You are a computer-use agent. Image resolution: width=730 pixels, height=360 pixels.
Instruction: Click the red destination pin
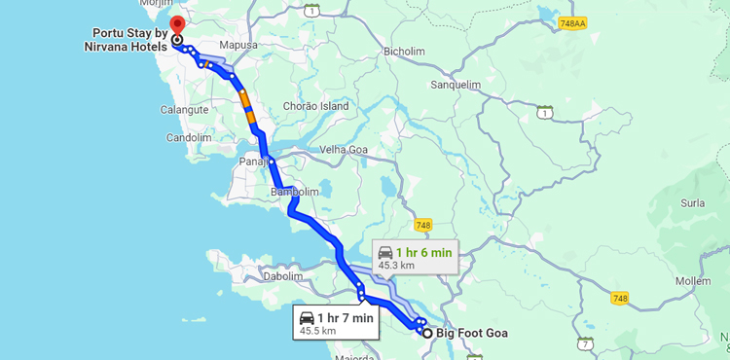(176, 25)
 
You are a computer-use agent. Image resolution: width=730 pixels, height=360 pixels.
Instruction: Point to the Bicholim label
(405, 51)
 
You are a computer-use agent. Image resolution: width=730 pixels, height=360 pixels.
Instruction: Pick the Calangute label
(185, 110)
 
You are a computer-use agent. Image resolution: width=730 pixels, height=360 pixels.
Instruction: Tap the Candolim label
(189, 137)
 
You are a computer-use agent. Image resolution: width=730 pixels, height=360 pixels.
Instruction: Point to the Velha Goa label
(347, 150)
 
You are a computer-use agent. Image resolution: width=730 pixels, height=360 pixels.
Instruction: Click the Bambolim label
(295, 192)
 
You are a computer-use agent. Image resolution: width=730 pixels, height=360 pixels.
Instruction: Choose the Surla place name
(693, 204)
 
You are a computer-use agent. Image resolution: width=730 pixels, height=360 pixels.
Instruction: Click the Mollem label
(693, 280)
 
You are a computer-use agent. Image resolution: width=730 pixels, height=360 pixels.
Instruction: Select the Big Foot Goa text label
(471, 334)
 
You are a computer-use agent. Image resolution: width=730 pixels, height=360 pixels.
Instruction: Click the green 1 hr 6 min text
(423, 252)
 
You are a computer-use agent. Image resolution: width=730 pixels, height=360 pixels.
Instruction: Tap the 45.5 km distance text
(317, 331)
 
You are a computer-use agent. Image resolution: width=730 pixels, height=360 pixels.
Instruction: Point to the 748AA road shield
(572, 22)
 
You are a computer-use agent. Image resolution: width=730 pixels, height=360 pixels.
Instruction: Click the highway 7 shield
(584, 343)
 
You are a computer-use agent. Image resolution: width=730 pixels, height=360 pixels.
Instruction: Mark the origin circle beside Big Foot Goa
(426, 333)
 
